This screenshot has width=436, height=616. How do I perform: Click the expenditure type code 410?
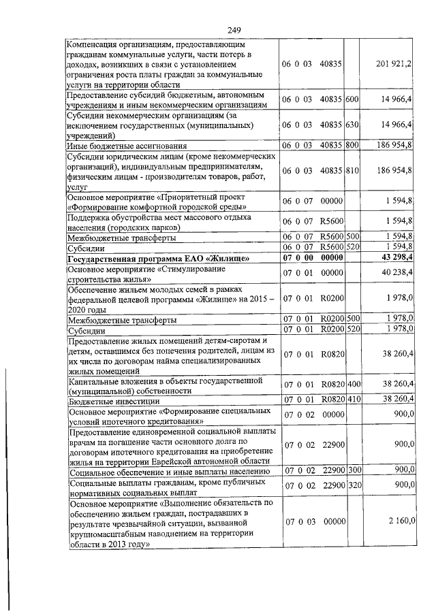pos(352,400)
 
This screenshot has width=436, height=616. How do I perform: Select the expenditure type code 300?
pos(352,470)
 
